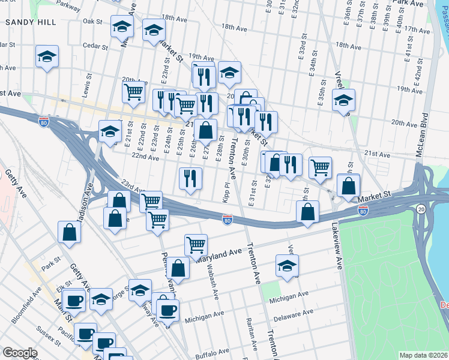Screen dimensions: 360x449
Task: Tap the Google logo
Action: click(x=20, y=353)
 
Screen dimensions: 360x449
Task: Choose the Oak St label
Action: click(x=92, y=21)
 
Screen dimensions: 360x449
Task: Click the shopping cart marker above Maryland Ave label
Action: click(x=196, y=244)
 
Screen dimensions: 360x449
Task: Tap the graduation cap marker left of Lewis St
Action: click(x=47, y=57)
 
